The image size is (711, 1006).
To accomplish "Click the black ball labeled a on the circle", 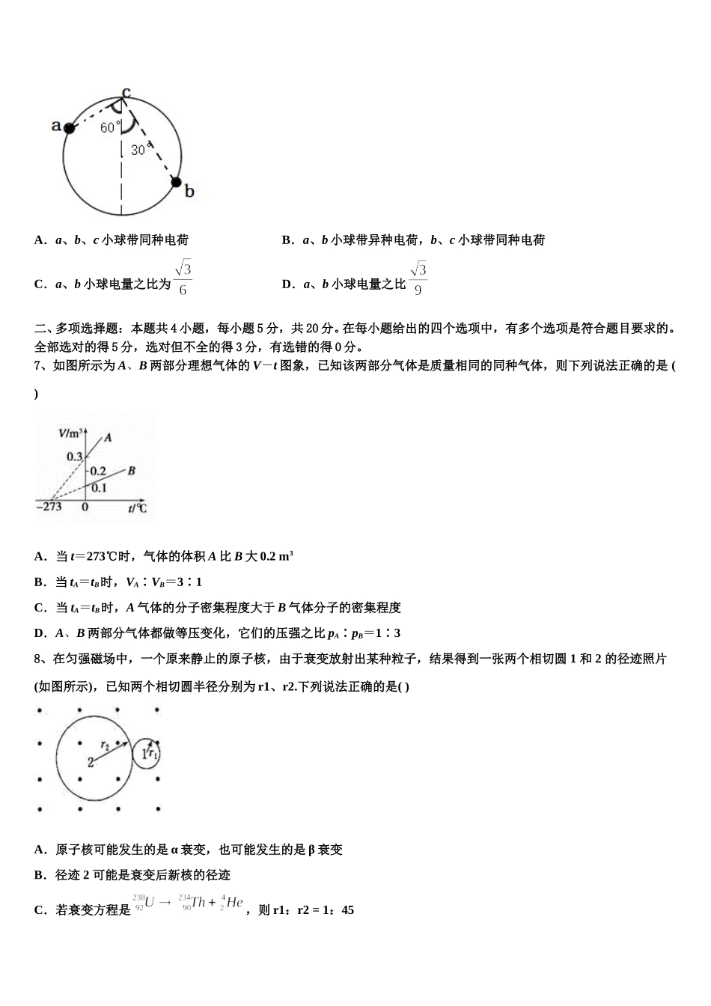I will (70, 128).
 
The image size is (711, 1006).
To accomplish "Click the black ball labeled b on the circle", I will (176, 182).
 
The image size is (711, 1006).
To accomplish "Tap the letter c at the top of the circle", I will (126, 91).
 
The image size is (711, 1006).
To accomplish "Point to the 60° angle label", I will (109, 127).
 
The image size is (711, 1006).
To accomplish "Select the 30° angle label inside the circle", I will (138, 150).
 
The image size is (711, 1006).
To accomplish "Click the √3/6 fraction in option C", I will (183, 278).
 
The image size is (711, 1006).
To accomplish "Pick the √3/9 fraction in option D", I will (418, 278).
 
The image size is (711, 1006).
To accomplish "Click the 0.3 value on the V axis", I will (75, 457).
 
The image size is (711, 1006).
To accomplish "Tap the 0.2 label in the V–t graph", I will (98, 472).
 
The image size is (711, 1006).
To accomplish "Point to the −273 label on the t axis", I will (49, 507).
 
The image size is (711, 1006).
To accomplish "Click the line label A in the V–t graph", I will (109, 437).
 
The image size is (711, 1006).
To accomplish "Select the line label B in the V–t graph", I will (131, 471).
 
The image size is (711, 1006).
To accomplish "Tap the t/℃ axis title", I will (137, 508).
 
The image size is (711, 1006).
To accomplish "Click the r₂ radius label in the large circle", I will (105, 744).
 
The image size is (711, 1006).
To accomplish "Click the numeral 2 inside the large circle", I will (91, 762).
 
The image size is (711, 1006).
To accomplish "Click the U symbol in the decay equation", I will (150, 903).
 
